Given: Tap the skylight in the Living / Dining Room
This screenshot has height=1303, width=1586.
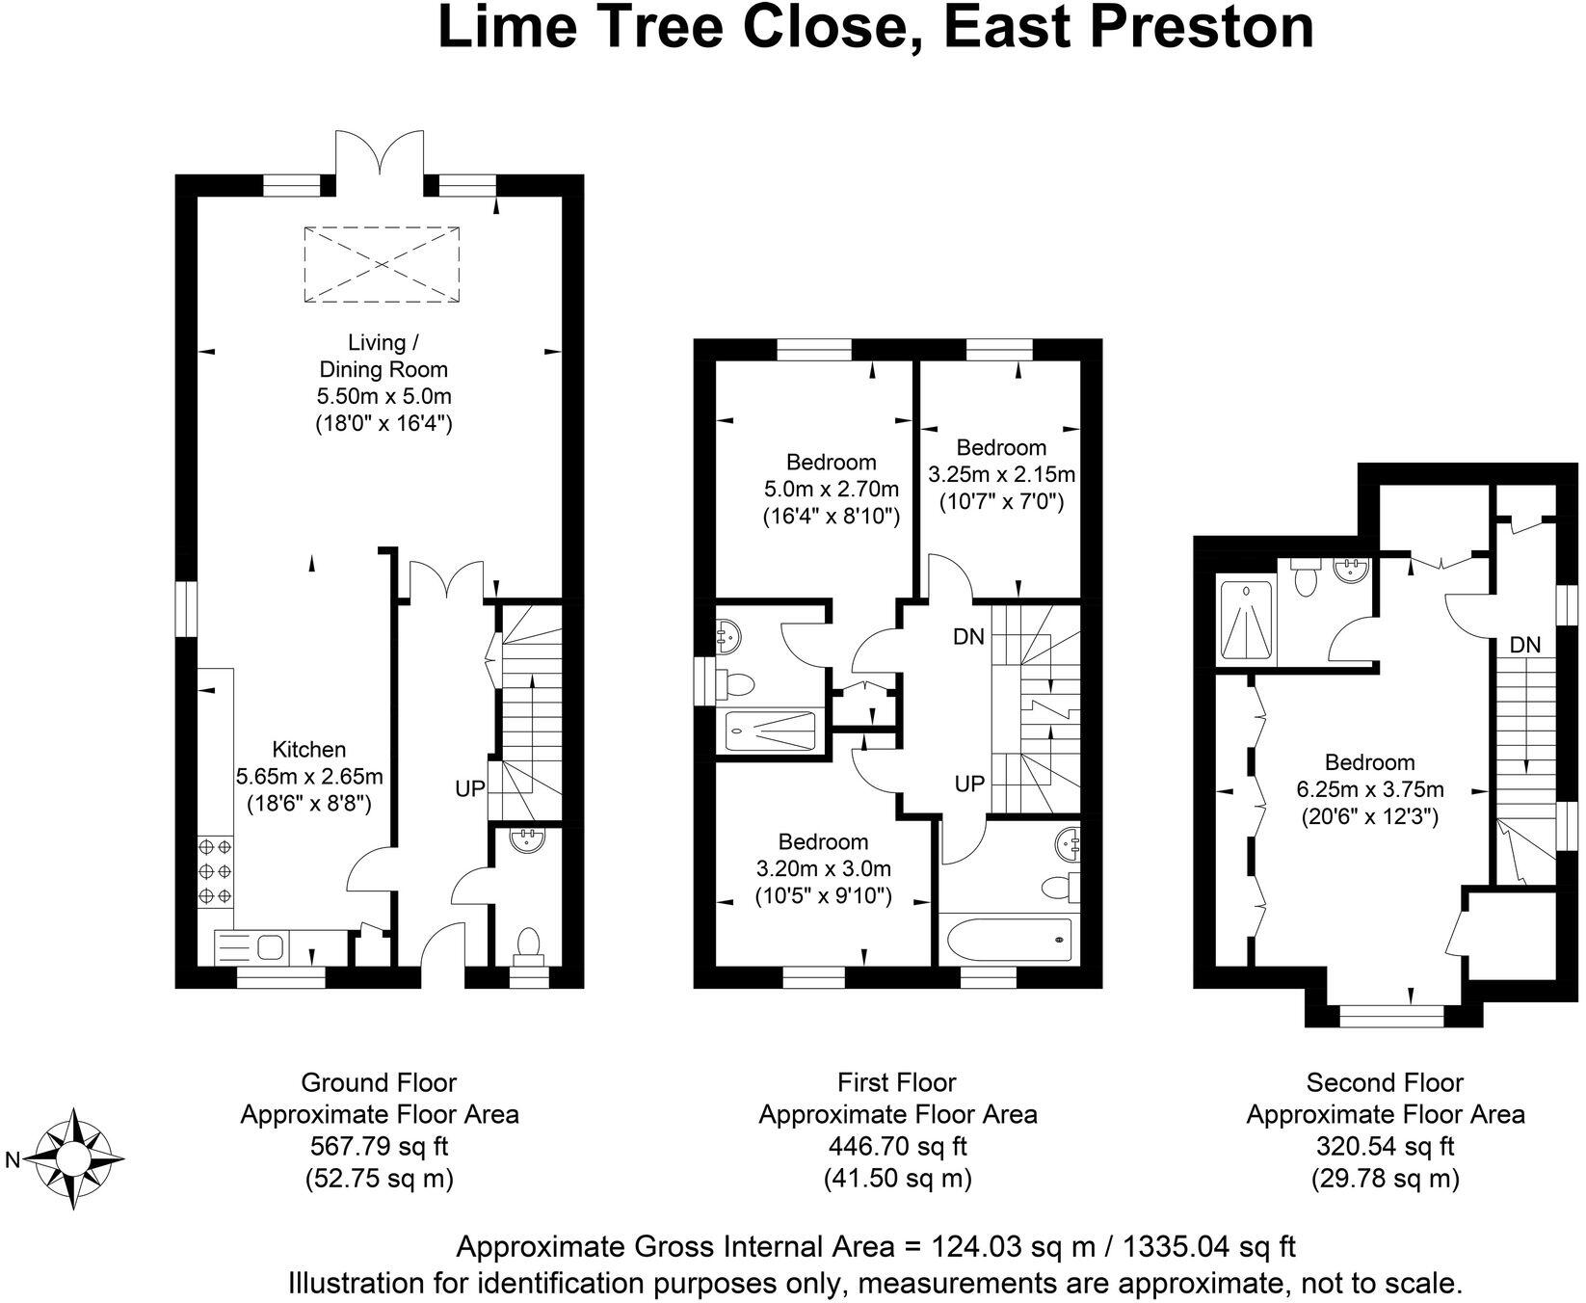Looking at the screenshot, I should click(382, 264).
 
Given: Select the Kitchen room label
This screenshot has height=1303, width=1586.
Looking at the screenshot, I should click(308, 749).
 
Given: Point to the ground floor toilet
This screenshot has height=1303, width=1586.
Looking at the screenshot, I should click(529, 944).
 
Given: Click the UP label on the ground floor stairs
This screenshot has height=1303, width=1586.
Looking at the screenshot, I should click(470, 788).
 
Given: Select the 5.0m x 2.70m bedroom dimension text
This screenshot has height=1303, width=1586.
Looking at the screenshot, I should click(830, 489).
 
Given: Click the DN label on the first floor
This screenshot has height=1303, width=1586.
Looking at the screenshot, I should click(968, 637).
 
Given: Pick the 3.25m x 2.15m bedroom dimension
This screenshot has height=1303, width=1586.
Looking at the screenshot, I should click(1001, 474).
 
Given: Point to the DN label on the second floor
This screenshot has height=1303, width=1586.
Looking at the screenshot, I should click(1525, 645).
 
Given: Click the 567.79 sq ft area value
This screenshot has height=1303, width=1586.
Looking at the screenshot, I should click(379, 1147).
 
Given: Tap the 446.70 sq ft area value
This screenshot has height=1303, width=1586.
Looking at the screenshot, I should click(897, 1147).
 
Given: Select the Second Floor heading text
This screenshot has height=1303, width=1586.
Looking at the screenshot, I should click(1385, 1082).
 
